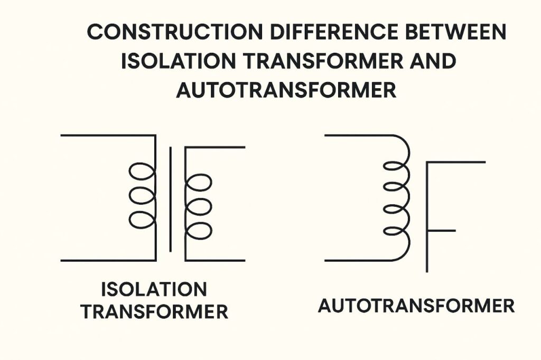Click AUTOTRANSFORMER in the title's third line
[x=286, y=90]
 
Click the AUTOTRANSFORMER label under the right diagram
[x=416, y=306]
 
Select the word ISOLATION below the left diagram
[x=153, y=289]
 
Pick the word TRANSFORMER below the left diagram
[x=154, y=312]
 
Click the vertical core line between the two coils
[x=170, y=199]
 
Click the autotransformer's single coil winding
[x=397, y=198]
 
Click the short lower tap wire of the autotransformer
[x=441, y=231]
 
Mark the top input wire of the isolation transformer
[x=106, y=135]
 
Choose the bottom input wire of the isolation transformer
[x=106, y=260]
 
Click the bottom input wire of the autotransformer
[x=354, y=260]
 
